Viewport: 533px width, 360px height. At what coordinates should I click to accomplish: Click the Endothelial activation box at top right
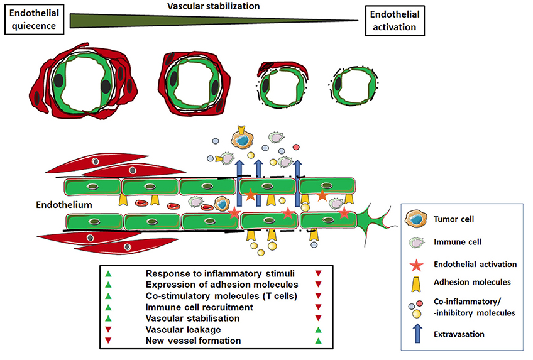(x=394, y=20)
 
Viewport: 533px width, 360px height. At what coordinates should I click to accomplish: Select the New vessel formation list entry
(x=189, y=341)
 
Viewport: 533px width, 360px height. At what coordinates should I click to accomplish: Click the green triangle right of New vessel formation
(x=318, y=341)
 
